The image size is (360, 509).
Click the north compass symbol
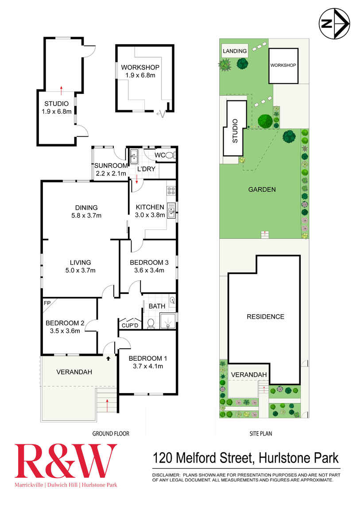point(335,24)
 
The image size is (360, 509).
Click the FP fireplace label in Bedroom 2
point(46,303)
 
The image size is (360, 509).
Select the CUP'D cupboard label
point(130,326)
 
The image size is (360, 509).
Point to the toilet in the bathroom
point(151,324)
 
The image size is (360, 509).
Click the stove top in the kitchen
point(171,191)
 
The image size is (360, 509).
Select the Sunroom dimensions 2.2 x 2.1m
point(111,173)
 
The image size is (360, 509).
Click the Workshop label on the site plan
point(283,65)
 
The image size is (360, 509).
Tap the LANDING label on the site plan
point(235,51)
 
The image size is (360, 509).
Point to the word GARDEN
point(262,189)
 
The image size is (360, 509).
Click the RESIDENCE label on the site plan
point(265,316)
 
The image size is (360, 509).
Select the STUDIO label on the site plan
point(235,130)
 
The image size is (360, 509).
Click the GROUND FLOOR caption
point(111,434)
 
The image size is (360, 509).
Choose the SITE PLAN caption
point(260,434)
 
